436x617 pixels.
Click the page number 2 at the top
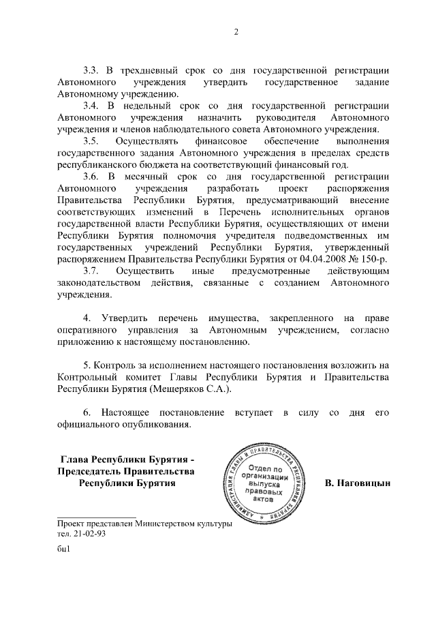point(235,32)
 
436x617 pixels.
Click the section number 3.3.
point(92,70)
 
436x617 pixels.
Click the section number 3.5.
point(92,141)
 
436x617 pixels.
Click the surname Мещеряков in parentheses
point(180,389)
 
